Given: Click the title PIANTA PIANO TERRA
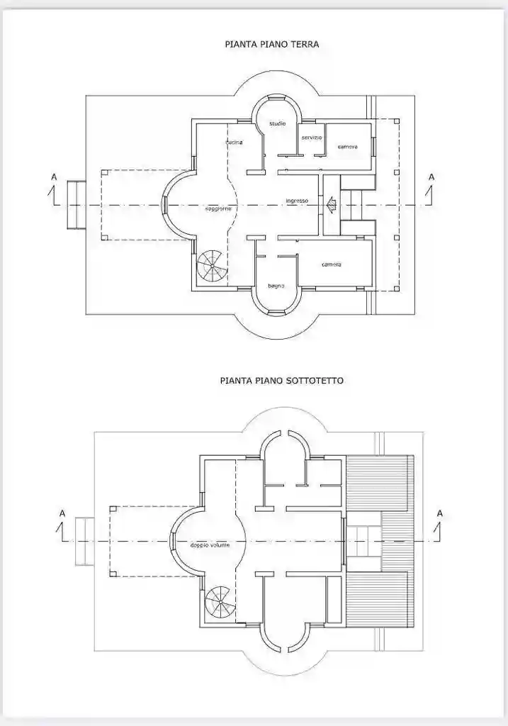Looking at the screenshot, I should pyautogui.click(x=271, y=44).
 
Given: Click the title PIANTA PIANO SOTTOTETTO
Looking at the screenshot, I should pyautogui.click(x=281, y=381).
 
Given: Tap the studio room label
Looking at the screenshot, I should pyautogui.click(x=277, y=124).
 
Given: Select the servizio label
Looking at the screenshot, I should pyautogui.click(x=311, y=137).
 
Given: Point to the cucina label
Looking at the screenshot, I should pyautogui.click(x=235, y=143).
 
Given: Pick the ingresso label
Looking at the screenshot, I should pyautogui.click(x=297, y=201).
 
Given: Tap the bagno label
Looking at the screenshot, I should pyautogui.click(x=276, y=286).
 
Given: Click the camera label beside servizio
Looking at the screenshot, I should pyautogui.click(x=347, y=146).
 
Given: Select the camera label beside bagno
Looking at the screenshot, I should pyautogui.click(x=332, y=264).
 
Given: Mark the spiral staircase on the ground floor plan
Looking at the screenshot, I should pyautogui.click(x=210, y=267).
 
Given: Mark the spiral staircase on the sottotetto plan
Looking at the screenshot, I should pyautogui.click(x=218, y=603).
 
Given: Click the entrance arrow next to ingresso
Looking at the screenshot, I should pyautogui.click(x=331, y=206).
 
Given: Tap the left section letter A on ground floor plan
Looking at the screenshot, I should pyautogui.click(x=54, y=177).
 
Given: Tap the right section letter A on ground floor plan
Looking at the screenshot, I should pyautogui.click(x=431, y=177).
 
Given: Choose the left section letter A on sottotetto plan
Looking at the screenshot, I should pyautogui.click(x=62, y=513).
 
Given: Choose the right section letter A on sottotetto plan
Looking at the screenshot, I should pyautogui.click(x=440, y=513).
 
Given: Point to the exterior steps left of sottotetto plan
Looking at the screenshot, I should pyautogui.click(x=84, y=541).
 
